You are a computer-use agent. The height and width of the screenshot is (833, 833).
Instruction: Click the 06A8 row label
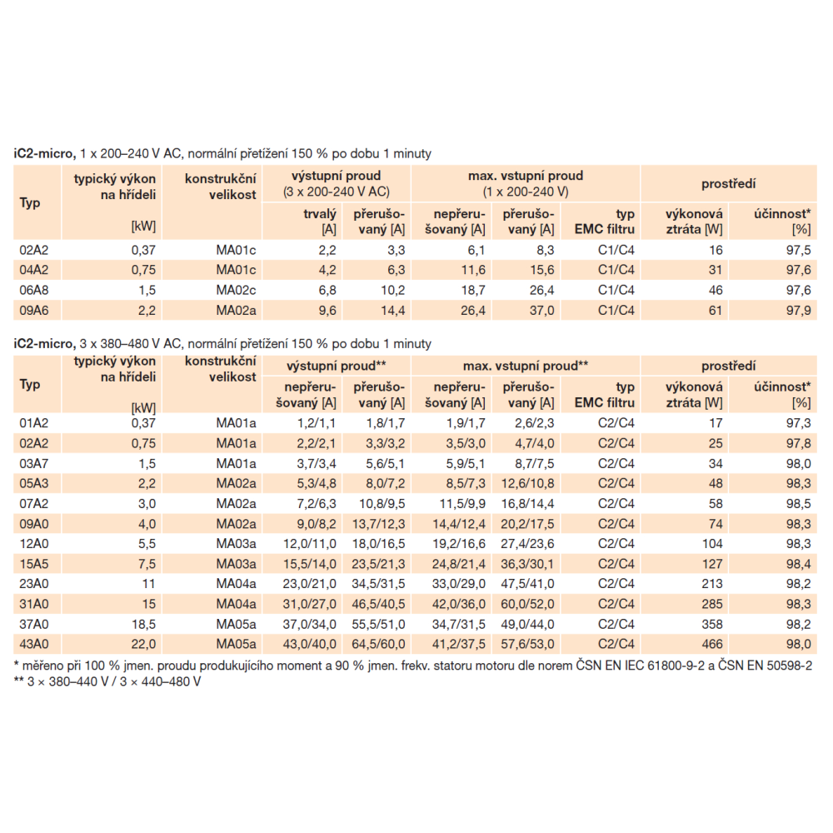32,290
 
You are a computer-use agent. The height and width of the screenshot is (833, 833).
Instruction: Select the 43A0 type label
32,643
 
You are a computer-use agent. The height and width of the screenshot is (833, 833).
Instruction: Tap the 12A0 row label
32,543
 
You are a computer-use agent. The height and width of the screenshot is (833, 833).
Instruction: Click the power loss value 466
711,643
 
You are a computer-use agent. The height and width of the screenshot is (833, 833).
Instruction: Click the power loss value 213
711,583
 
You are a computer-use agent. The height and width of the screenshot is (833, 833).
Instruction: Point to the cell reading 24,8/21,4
456,563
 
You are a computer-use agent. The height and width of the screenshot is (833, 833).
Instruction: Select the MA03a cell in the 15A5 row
236,563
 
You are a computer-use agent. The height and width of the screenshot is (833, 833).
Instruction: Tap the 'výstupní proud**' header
337,366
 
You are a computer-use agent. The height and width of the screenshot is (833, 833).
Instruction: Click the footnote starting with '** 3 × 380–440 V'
107,681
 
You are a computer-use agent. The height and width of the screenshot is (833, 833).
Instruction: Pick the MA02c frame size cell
236,290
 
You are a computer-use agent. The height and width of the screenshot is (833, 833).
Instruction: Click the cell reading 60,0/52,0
526,603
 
